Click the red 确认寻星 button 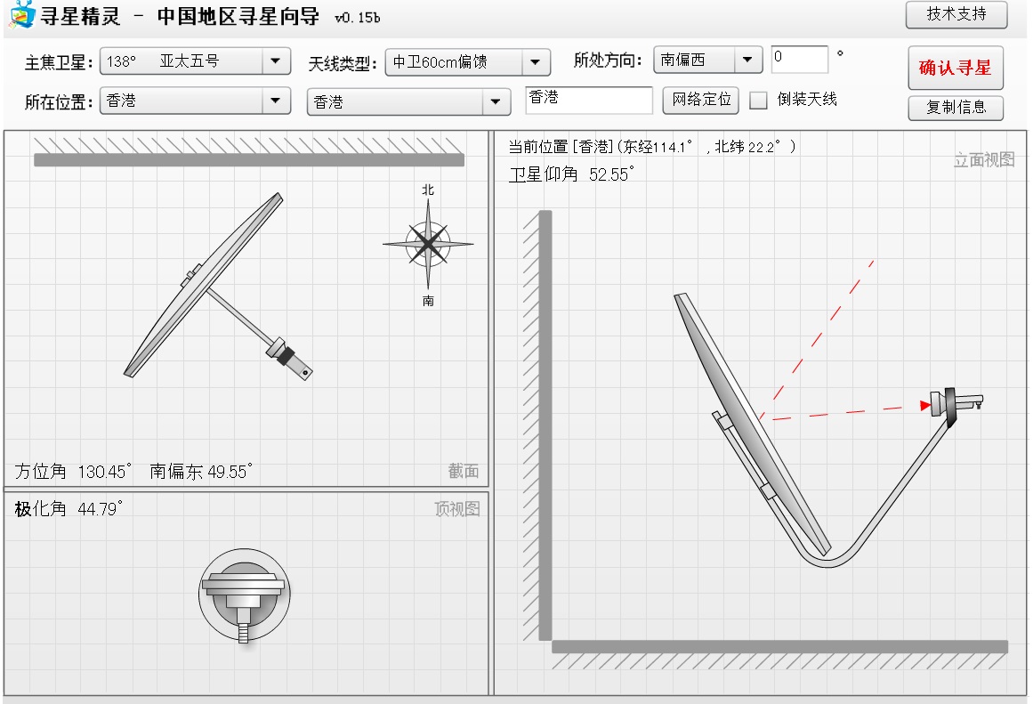pyautogui.click(x=956, y=68)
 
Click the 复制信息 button pyautogui.click(x=956, y=108)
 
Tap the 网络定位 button pyautogui.click(x=701, y=100)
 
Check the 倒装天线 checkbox pyautogui.click(x=758, y=101)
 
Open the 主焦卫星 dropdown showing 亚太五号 pyautogui.click(x=195, y=62)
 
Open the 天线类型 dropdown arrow pyautogui.click(x=536, y=62)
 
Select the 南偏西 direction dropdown pyautogui.click(x=707, y=60)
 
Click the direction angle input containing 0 pyautogui.click(x=800, y=59)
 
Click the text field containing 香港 pyautogui.click(x=589, y=100)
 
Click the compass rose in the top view pyautogui.click(x=428, y=244)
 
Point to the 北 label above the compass pyautogui.click(x=428, y=190)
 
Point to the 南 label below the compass pyautogui.click(x=428, y=301)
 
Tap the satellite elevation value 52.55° pyautogui.click(x=612, y=174)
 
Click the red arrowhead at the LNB pyautogui.click(x=925, y=405)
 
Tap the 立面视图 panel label pyautogui.click(x=984, y=159)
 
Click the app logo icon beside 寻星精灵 pyautogui.click(x=21, y=14)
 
